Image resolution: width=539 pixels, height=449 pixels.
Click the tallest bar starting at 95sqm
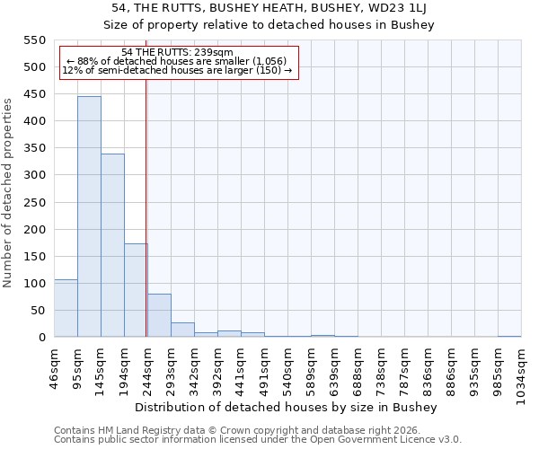click(x=89, y=216)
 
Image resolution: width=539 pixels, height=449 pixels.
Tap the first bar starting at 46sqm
click(x=66, y=308)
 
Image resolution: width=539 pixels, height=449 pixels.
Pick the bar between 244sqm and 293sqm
click(x=159, y=315)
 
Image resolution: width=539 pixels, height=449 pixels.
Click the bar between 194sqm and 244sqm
click(x=136, y=290)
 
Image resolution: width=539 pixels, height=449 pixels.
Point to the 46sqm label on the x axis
click(x=55, y=369)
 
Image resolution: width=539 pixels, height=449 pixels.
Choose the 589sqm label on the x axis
click(x=312, y=372)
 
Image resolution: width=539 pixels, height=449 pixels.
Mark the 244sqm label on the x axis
click(x=148, y=372)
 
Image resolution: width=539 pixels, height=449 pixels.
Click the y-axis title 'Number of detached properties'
click(x=9, y=193)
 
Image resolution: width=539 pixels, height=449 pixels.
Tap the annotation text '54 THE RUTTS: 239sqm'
click(x=177, y=53)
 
